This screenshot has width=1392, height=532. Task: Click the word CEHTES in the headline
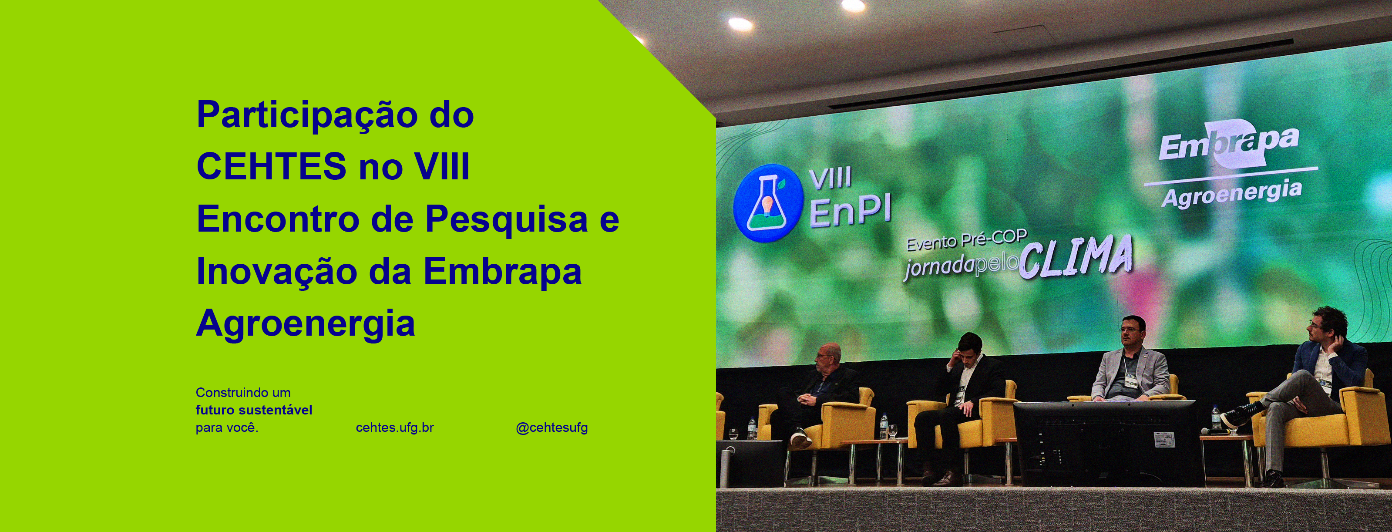tap(271, 166)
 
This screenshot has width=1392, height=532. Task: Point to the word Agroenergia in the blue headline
tap(305, 324)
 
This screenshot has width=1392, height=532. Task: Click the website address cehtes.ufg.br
tap(394, 428)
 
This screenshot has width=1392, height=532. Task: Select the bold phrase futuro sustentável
tap(254, 410)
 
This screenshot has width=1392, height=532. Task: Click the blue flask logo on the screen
tap(767, 203)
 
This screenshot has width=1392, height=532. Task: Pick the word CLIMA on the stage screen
tap(1076, 257)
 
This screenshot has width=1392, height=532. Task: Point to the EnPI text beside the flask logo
tap(850, 212)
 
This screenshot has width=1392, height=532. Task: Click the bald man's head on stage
tap(828, 357)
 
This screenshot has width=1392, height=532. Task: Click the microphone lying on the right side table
tap(1216, 431)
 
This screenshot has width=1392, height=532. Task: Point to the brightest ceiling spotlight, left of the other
tap(740, 24)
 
